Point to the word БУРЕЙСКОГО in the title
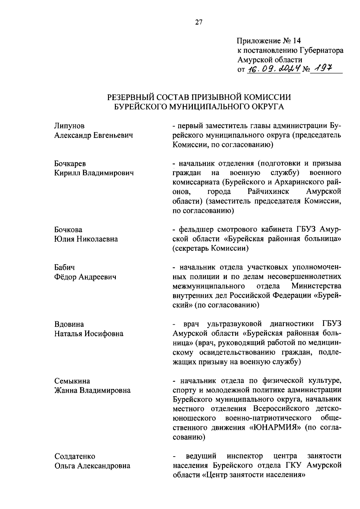coord(141,107)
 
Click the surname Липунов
coord(70,126)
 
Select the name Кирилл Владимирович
coord(94,173)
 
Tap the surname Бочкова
coord(68,230)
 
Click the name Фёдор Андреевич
coord(85,277)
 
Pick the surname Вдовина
coord(69,324)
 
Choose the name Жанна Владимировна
coord(92,390)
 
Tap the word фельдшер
coord(196,230)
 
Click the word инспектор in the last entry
coord(245,456)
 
